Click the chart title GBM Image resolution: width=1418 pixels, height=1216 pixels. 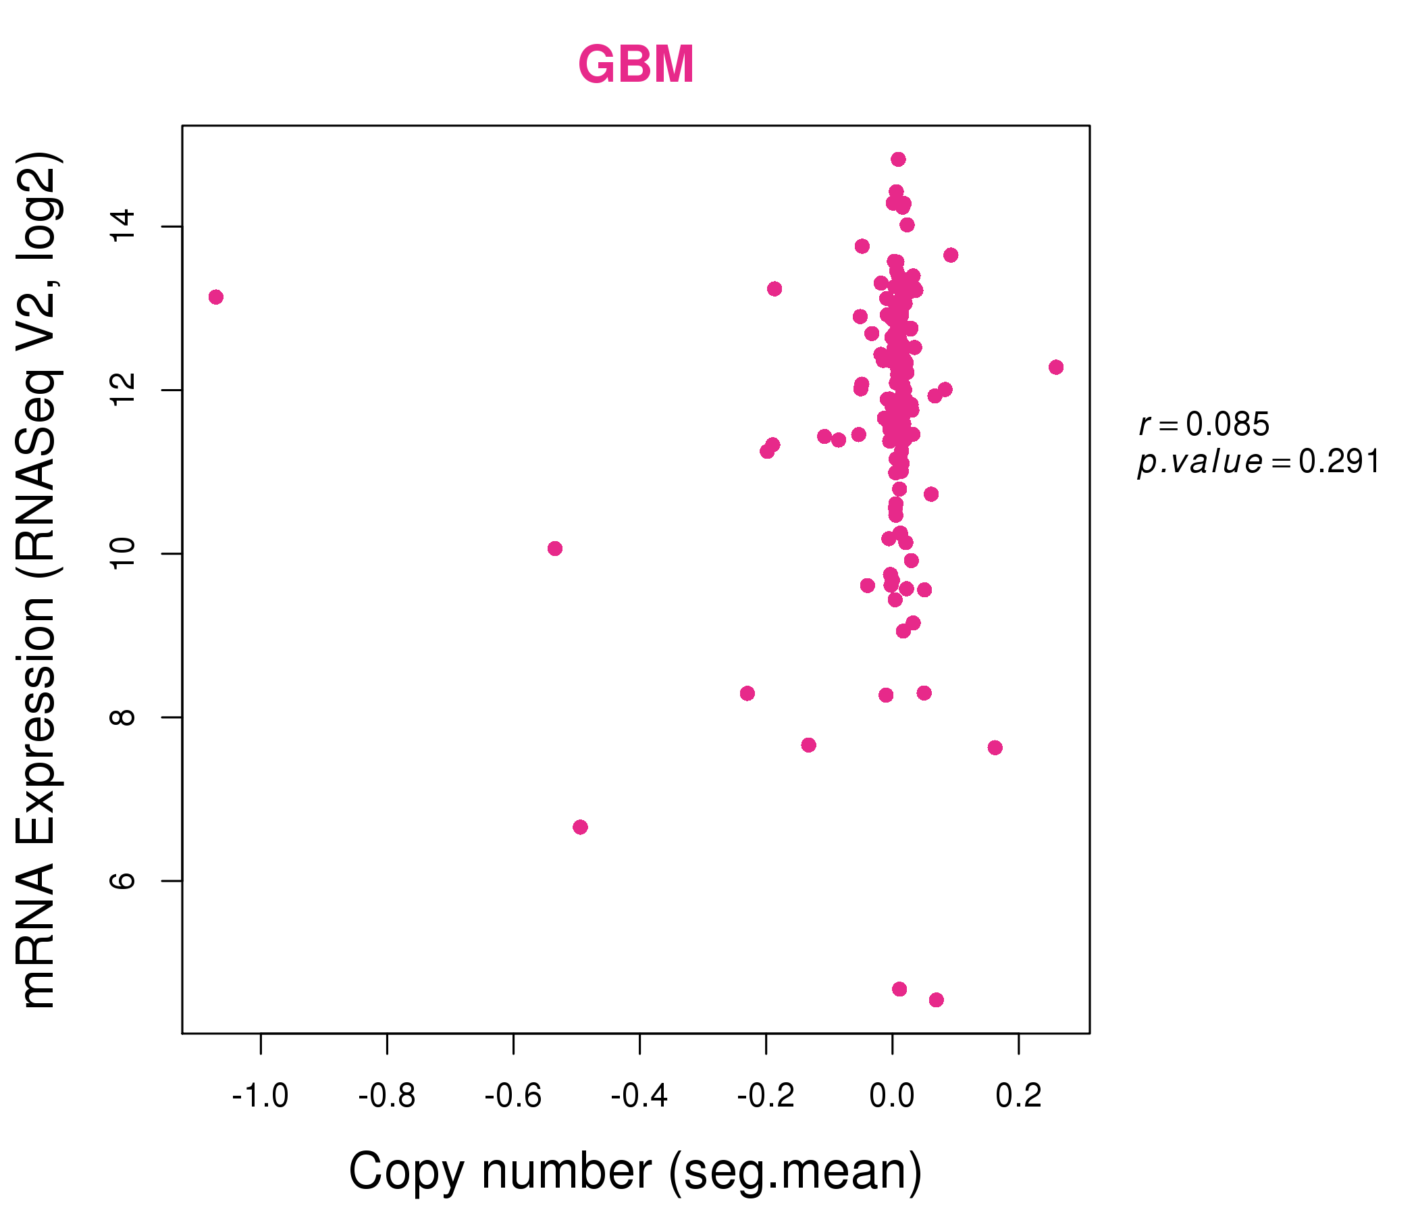click(x=637, y=64)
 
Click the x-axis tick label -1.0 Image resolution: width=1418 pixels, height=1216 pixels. click(x=260, y=1096)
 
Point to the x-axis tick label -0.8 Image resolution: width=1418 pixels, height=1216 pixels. click(x=387, y=1096)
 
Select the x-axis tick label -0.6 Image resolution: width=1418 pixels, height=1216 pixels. click(x=513, y=1096)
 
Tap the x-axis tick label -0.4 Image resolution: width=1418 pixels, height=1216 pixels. click(x=639, y=1096)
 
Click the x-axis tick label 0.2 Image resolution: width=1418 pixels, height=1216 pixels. click(x=1018, y=1096)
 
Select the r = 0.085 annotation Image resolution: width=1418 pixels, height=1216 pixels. click(x=1204, y=424)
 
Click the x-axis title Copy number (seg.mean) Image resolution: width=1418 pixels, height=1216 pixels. click(x=635, y=1171)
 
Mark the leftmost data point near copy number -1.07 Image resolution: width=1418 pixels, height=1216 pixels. click(x=216, y=297)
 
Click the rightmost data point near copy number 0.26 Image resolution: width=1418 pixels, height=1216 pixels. click(x=1056, y=367)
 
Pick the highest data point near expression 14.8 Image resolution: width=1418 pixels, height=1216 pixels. click(x=898, y=159)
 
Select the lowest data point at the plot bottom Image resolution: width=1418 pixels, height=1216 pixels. click(x=936, y=1000)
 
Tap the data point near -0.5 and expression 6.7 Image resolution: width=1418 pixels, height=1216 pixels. click(x=580, y=827)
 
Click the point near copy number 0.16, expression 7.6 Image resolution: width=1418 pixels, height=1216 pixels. click(x=995, y=748)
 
